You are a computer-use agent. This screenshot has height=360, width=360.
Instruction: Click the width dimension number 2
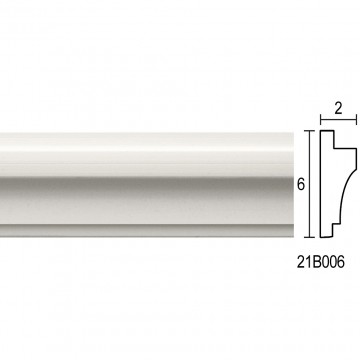click(x=338, y=109)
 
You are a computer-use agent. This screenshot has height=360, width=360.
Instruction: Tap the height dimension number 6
click(x=301, y=184)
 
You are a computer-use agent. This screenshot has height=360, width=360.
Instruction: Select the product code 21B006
click(x=320, y=263)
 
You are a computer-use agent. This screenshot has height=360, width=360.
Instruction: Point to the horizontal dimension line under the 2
click(x=338, y=119)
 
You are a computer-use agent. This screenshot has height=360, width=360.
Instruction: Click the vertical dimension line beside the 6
click(x=310, y=184)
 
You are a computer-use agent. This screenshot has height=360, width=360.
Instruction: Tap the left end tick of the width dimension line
click(x=321, y=119)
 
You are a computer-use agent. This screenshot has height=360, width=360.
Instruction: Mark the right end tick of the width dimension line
click(x=356, y=119)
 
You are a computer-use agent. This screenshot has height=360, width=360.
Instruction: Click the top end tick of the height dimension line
click(x=310, y=131)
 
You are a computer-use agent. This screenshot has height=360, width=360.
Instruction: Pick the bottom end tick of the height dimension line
click(x=310, y=237)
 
